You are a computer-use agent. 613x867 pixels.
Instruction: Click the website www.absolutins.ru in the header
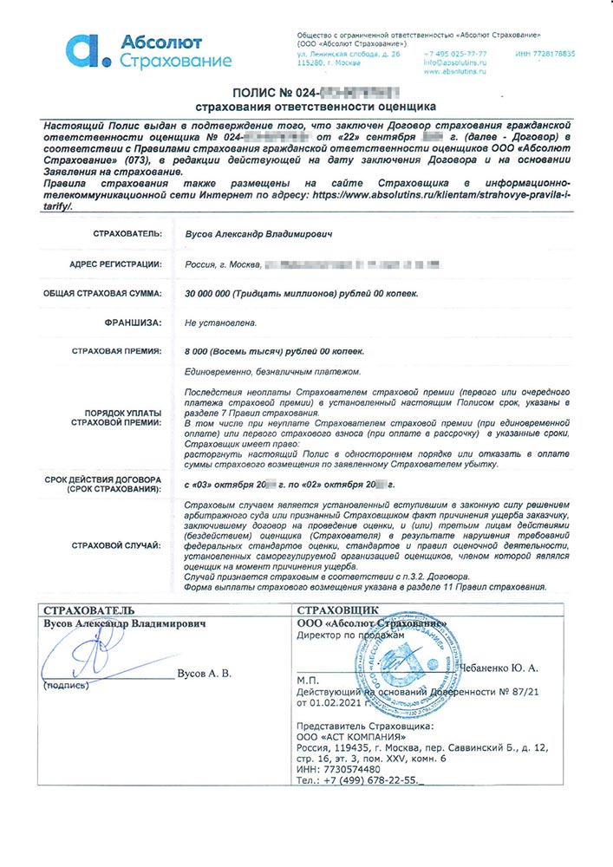point(455,72)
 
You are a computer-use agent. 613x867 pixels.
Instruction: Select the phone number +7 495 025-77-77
point(455,53)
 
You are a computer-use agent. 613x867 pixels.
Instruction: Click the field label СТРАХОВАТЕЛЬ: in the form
point(127,233)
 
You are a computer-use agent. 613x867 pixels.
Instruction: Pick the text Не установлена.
point(220,323)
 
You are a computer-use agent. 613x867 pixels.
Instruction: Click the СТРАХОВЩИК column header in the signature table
point(331,609)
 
